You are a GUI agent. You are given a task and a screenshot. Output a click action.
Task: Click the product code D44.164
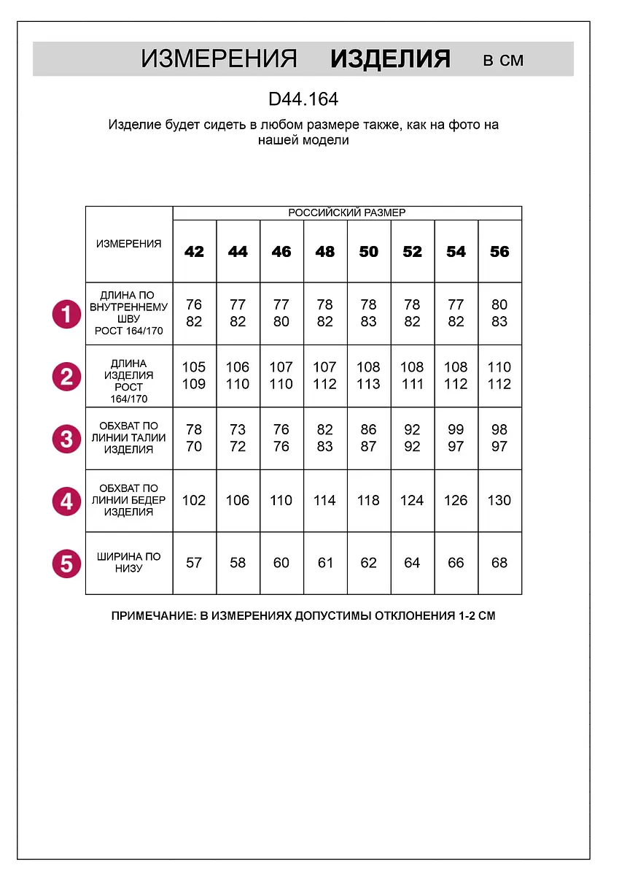pos(303,99)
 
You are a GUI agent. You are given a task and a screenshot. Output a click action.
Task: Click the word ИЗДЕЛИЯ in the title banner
pos(390,59)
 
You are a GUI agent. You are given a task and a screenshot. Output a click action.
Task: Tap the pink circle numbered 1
pos(66,315)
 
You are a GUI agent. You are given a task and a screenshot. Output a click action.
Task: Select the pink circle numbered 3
pos(66,439)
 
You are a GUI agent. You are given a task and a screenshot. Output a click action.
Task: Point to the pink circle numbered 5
pos(66,564)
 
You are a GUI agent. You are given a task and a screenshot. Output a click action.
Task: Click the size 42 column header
pos(194,252)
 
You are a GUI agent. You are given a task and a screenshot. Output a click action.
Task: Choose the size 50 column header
pos(369,252)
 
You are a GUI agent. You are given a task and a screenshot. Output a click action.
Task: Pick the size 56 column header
pos(499,252)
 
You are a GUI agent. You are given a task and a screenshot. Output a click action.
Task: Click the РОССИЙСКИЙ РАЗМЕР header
pos(347,212)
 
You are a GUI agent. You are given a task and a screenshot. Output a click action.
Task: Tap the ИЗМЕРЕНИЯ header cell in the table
pos(129,244)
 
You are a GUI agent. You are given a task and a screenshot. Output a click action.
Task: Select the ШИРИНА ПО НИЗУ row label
pos(129,563)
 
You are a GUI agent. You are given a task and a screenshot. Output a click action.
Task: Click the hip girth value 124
pos(412,501)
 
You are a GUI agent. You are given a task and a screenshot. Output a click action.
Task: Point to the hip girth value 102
pos(194,501)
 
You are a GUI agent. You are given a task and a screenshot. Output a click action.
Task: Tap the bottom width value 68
pos(499,563)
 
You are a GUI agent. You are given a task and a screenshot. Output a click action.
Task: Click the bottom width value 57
pos(194,563)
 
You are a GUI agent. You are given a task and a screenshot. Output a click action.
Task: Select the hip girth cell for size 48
pos(325,501)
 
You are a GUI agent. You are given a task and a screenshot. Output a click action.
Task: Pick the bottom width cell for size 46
pos(281,563)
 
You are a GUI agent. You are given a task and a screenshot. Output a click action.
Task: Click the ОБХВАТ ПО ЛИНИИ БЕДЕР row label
pos(129,500)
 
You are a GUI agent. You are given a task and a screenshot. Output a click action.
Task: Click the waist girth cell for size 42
pos(194,438)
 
